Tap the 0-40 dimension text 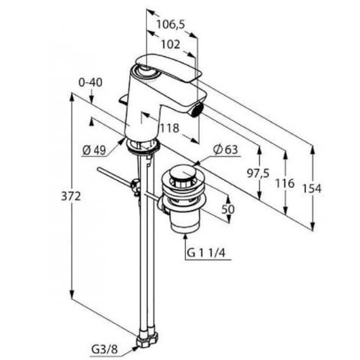coord(90,82)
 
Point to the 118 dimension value coord(170,128)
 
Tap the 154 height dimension coord(312,189)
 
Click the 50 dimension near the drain coord(228,210)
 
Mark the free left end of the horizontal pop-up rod coord(99,170)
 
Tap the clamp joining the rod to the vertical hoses coord(135,186)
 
